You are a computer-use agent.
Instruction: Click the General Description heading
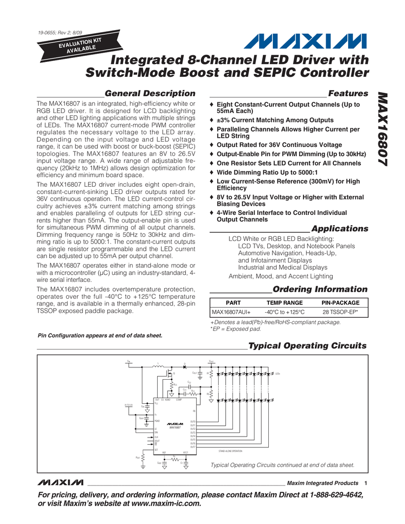[150, 93]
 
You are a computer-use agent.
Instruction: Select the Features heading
[348, 93]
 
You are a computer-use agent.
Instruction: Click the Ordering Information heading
[320, 289]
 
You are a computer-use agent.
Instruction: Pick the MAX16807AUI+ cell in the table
[231, 312]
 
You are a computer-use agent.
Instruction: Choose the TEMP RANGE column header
[285, 303]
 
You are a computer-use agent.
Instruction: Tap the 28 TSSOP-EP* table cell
[340, 312]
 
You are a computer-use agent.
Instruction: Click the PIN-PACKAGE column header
[340, 303]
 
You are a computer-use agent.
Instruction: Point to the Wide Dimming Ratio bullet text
[267, 172]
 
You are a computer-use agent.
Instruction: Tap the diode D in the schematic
[185, 366]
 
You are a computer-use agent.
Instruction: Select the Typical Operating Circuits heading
[307, 346]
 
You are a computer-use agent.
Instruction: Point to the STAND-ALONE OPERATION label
[230, 451]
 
